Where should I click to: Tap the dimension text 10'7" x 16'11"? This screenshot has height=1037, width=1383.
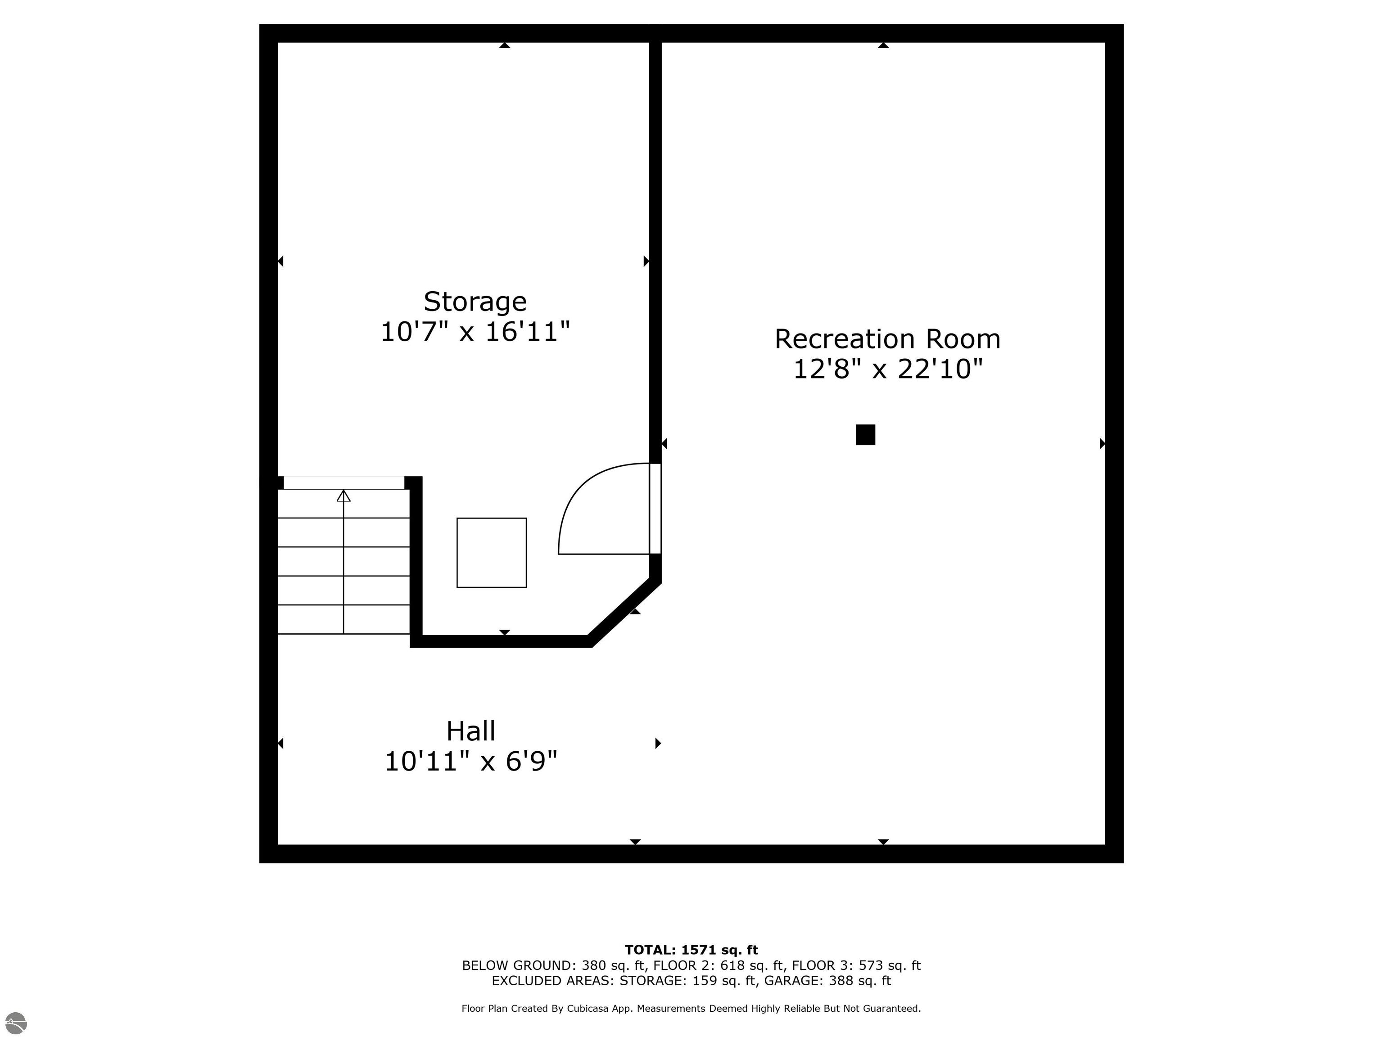click(475, 332)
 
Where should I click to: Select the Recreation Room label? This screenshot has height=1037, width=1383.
click(887, 339)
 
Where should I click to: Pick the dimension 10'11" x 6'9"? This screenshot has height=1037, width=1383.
click(471, 762)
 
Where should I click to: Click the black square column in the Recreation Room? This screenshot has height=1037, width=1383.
click(865, 434)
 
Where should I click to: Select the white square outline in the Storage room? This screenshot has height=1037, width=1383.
click(492, 553)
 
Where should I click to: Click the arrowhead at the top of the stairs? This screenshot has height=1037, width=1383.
click(343, 496)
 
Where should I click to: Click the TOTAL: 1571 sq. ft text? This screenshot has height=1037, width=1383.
click(691, 950)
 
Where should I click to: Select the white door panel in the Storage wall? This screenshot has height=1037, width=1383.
click(655, 508)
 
